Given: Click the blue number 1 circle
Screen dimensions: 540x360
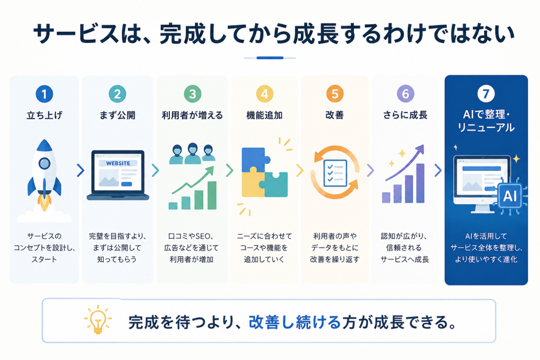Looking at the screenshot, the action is [45, 93].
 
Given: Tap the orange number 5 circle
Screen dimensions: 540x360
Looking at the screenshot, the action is [335, 93].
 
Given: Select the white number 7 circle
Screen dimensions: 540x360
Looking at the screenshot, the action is [486, 93].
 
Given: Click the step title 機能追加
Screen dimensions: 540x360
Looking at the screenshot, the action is [264, 115].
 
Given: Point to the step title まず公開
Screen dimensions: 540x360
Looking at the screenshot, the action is [118, 115].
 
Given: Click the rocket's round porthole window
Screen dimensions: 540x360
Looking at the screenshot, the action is [45, 163].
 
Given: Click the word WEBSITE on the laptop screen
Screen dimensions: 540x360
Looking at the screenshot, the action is [118, 163].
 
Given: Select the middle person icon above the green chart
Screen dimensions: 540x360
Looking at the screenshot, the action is [192, 154].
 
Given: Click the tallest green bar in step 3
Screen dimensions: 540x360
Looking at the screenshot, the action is [212, 196].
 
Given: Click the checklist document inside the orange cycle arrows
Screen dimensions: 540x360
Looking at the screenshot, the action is [335, 173].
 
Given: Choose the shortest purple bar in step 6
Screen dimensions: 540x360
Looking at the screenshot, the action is [386, 197].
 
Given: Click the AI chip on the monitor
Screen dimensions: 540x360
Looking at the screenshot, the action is [510, 196].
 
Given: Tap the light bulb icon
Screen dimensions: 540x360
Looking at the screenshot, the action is [98, 319].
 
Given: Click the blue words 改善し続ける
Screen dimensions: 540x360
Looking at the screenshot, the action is [295, 322].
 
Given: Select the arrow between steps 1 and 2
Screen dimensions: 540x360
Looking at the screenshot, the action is [81, 170].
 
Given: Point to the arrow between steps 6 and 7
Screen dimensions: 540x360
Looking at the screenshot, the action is [438, 170].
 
